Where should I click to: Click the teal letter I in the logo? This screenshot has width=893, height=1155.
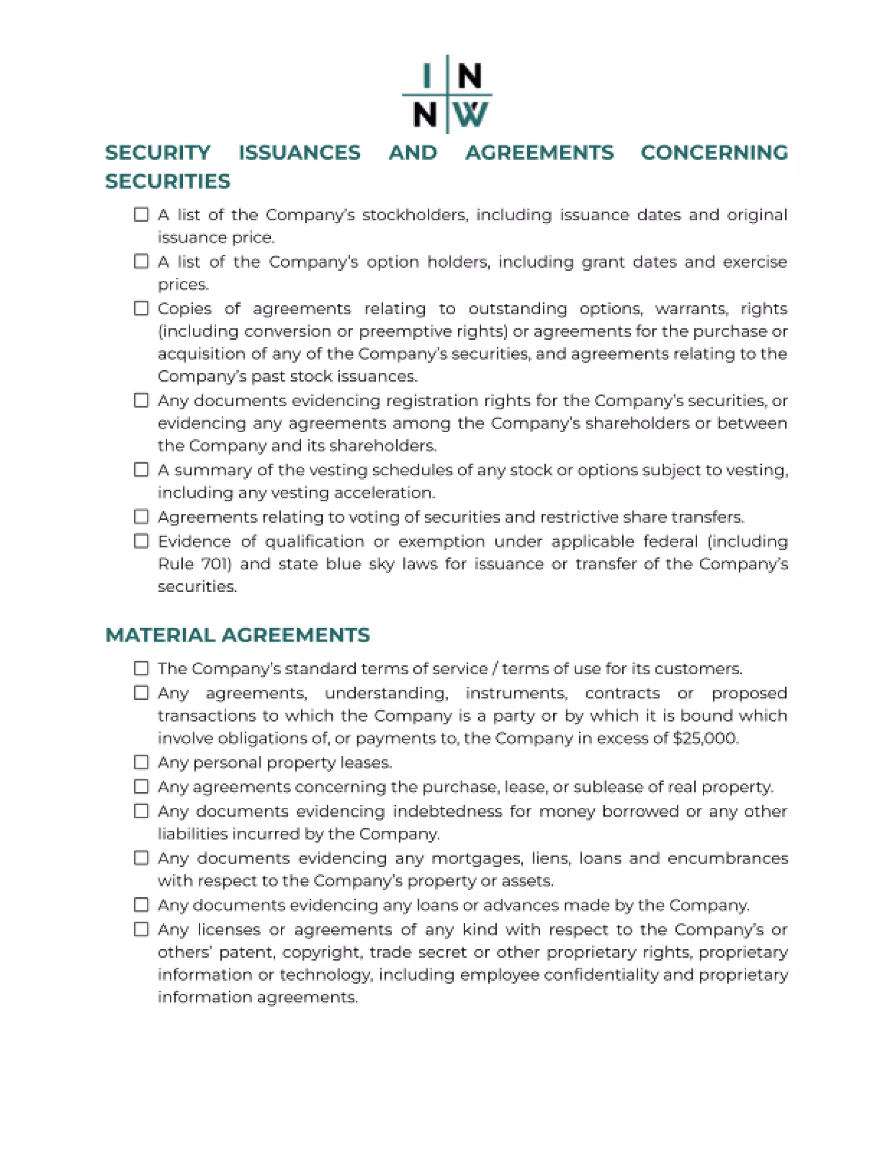click(426, 75)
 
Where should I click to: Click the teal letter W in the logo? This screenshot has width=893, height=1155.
click(471, 115)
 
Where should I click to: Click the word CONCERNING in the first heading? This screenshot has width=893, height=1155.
click(714, 153)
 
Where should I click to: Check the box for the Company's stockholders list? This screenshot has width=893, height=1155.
click(141, 215)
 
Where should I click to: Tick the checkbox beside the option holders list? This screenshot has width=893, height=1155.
click(141, 262)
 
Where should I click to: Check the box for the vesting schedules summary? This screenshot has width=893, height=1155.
click(141, 470)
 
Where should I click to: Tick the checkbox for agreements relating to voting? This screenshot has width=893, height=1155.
click(141, 517)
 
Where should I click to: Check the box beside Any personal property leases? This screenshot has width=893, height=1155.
click(141, 763)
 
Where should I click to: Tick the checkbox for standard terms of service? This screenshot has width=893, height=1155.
click(141, 668)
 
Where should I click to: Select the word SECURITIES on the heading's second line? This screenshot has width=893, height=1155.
click(168, 181)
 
